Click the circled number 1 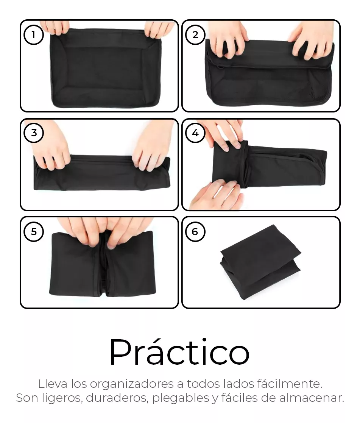tap(34, 35)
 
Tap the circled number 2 tap(195, 35)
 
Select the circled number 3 tap(34, 133)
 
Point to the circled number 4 tap(195, 133)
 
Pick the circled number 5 tap(34, 231)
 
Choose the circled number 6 tap(195, 231)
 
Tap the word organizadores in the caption tap(132, 384)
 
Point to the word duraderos tap(117, 398)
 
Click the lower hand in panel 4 tap(216, 194)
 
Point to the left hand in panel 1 tap(56, 28)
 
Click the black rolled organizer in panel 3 tap(102, 173)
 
